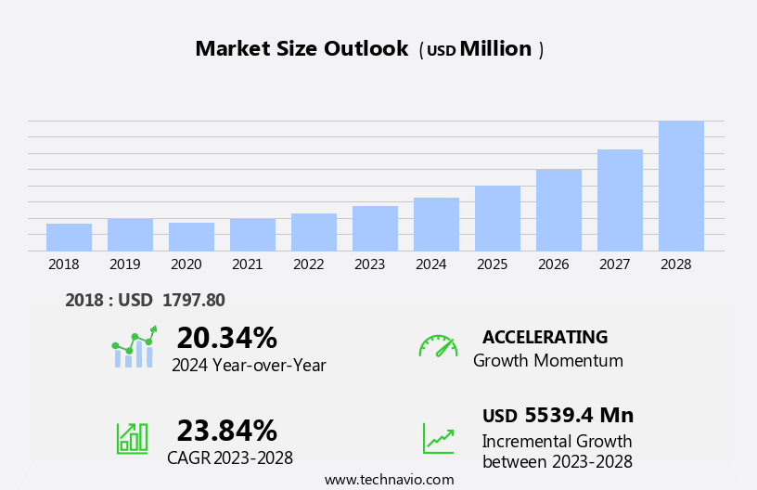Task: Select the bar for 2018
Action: pos(69,238)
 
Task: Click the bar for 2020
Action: pos(191,237)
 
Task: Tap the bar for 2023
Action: pos(375,228)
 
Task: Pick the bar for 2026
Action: pos(558,211)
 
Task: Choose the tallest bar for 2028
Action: pos(681,186)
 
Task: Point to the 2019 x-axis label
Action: pos(124,264)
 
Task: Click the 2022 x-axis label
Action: pos(308,264)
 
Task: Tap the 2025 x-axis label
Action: pos(492,264)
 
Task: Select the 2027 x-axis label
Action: pos(614,264)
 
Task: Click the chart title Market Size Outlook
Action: pos(302,49)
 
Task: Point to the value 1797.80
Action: pos(193,300)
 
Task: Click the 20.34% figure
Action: pos(226,338)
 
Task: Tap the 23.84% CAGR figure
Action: pos(226,431)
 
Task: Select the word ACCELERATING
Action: pos(545,337)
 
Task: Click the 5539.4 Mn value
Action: pos(579,416)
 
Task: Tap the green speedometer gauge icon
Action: pos(438,346)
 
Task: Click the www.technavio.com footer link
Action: pos(389,480)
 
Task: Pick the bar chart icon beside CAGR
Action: pos(132,437)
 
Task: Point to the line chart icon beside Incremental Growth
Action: pos(438,438)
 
